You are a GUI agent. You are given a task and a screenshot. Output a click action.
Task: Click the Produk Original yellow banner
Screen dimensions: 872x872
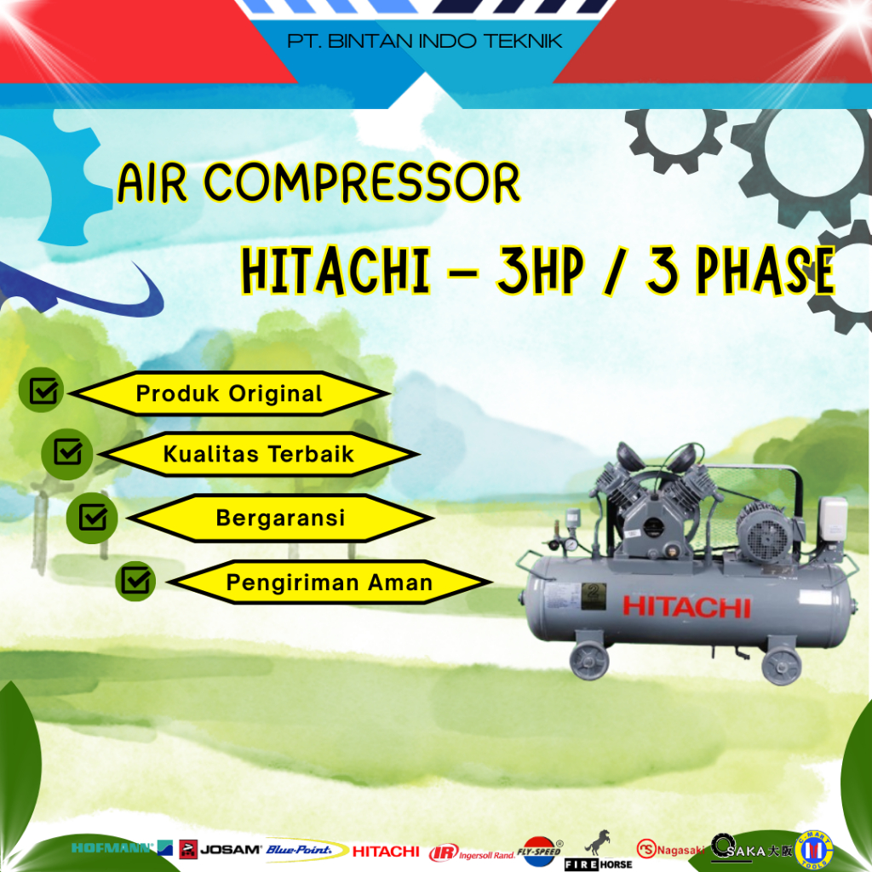coord(229,394)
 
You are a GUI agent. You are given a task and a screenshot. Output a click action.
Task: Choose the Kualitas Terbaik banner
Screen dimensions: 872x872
coord(258,454)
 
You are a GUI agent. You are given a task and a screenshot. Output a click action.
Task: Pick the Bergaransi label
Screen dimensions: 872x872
coord(280,518)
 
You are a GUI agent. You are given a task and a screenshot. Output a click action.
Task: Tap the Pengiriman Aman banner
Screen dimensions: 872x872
coord(329,583)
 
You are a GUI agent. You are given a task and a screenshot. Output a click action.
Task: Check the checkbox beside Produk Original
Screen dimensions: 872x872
coord(43,391)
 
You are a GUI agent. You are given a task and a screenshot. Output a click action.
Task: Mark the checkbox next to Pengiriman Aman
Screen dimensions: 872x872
coord(135,581)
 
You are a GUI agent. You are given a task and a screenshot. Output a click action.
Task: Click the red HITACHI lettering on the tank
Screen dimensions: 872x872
coord(686,607)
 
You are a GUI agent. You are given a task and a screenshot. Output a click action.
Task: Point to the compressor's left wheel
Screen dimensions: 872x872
coord(589,659)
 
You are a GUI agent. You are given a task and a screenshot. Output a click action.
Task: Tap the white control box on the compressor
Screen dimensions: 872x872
coord(832,521)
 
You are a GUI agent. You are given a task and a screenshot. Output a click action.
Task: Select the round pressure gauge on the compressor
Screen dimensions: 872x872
coord(571,544)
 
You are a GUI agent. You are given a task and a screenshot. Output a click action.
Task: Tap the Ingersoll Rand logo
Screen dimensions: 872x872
coord(471,852)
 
